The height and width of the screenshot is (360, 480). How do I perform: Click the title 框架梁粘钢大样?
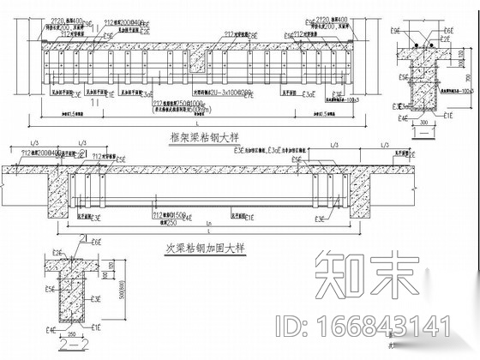[x=201, y=137]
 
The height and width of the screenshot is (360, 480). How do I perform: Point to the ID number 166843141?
[x=378, y=327]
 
